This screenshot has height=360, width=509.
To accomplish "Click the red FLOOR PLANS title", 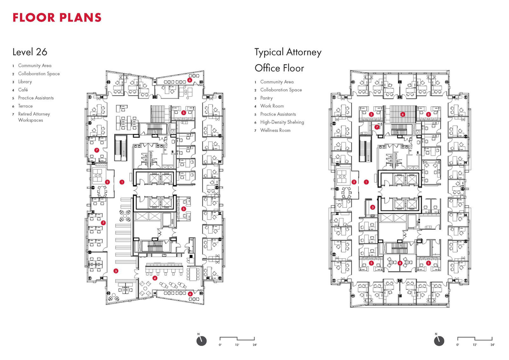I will click(x=57, y=18).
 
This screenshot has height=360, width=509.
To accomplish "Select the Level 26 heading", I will click(x=30, y=52).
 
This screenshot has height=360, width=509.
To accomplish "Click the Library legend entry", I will click(x=25, y=82).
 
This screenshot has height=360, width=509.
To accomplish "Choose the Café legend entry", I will click(x=23, y=90).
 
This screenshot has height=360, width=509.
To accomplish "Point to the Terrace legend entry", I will click(x=25, y=106).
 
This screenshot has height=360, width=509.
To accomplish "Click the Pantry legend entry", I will click(x=266, y=98).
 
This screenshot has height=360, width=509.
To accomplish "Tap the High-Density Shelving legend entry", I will click(x=282, y=122).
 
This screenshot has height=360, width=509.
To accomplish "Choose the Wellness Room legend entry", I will click(x=275, y=130).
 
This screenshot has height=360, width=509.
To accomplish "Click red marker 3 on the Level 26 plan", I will click(x=115, y=271).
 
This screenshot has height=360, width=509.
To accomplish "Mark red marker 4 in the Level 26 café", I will click(x=155, y=278).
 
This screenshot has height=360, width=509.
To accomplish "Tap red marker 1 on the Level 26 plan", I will click(x=122, y=182).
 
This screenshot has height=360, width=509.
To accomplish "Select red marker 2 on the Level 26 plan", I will click(x=108, y=182).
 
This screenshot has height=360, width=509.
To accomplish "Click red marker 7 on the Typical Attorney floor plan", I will click(x=377, y=127).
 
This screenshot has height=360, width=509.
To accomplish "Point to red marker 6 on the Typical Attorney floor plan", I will click(x=402, y=114).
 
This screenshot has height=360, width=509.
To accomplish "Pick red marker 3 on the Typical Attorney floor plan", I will click(x=372, y=207).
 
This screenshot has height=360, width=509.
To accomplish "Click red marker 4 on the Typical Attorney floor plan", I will click(x=400, y=263).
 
